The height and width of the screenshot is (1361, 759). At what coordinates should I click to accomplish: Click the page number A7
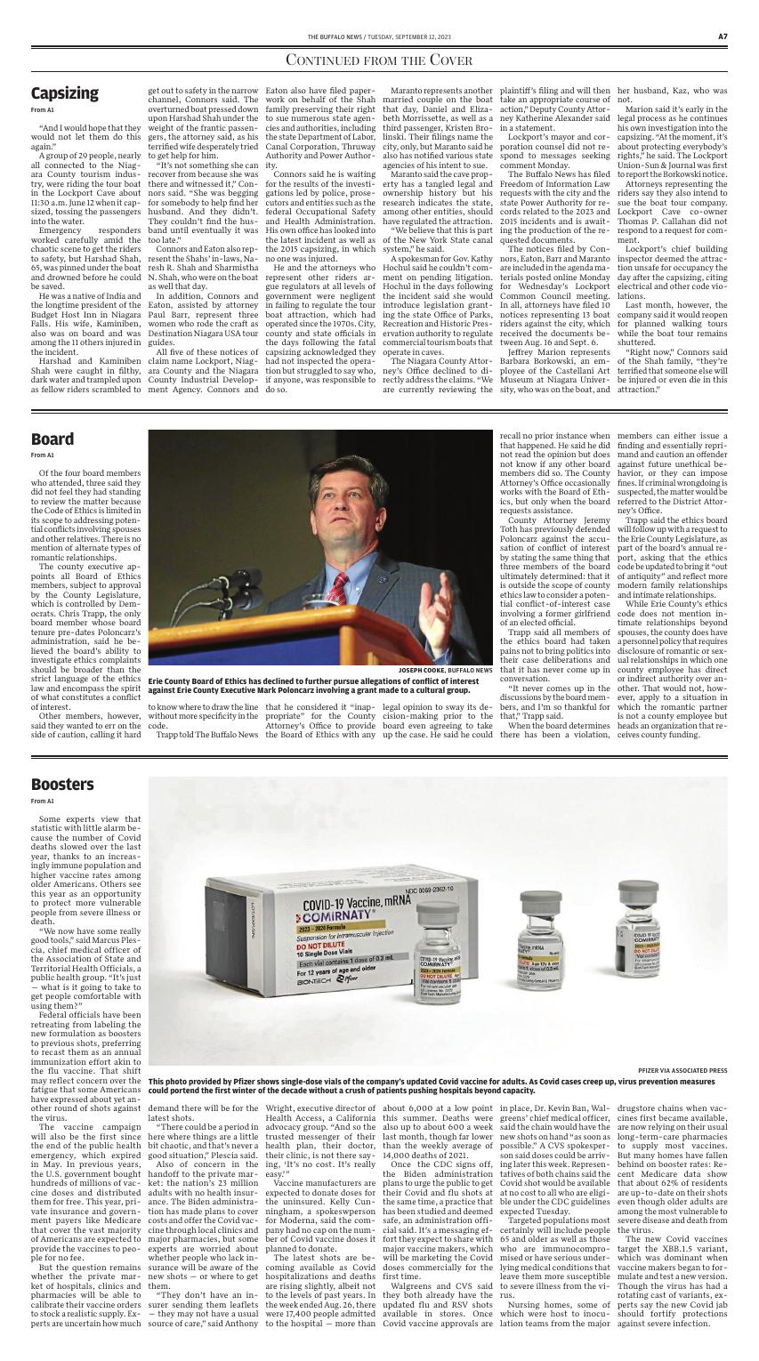[723, 36]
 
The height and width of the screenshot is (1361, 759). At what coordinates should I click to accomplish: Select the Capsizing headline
[64, 93]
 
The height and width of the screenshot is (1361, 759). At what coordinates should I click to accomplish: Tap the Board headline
[52, 439]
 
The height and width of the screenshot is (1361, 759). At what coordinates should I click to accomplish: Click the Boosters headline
[62, 784]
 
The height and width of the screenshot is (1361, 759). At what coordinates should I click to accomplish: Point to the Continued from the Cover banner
[379, 60]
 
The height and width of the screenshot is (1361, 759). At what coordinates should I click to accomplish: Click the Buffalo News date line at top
[379, 36]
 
